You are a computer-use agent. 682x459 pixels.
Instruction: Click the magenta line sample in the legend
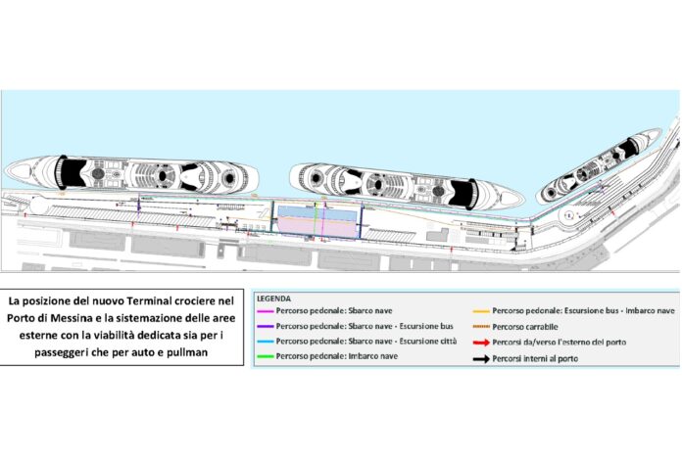pyautogui.click(x=264, y=310)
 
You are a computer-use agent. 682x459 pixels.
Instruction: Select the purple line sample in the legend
pyautogui.click(x=264, y=326)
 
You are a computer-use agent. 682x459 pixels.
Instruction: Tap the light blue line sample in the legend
pyautogui.click(x=264, y=342)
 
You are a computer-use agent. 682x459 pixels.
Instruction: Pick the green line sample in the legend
pyautogui.click(x=264, y=357)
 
